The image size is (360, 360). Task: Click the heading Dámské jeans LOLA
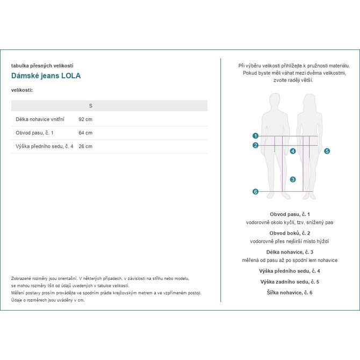click(x=46, y=76)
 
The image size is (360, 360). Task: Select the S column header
click(x=90, y=105)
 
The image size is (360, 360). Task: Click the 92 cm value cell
click(x=85, y=119)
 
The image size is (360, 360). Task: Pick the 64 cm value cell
click(x=85, y=133)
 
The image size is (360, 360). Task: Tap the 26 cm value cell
click(x=85, y=146)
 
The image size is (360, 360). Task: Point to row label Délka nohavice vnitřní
click(x=40, y=119)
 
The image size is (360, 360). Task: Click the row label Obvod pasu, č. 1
click(x=34, y=133)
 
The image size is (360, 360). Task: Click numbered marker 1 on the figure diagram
click(x=256, y=136)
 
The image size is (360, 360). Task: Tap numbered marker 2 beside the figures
click(x=256, y=145)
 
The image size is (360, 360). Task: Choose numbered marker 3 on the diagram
click(x=293, y=179)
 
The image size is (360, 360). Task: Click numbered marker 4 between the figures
click(x=293, y=151)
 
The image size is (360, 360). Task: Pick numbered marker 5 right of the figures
click(x=327, y=151)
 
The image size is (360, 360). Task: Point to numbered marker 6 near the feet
click(x=256, y=191)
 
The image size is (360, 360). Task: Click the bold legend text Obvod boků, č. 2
click(x=290, y=233)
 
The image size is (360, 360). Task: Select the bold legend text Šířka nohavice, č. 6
click(x=290, y=292)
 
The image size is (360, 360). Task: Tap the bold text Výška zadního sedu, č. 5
click(x=290, y=282)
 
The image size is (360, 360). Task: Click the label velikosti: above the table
click(x=22, y=90)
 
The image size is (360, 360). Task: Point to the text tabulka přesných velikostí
click(x=42, y=66)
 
